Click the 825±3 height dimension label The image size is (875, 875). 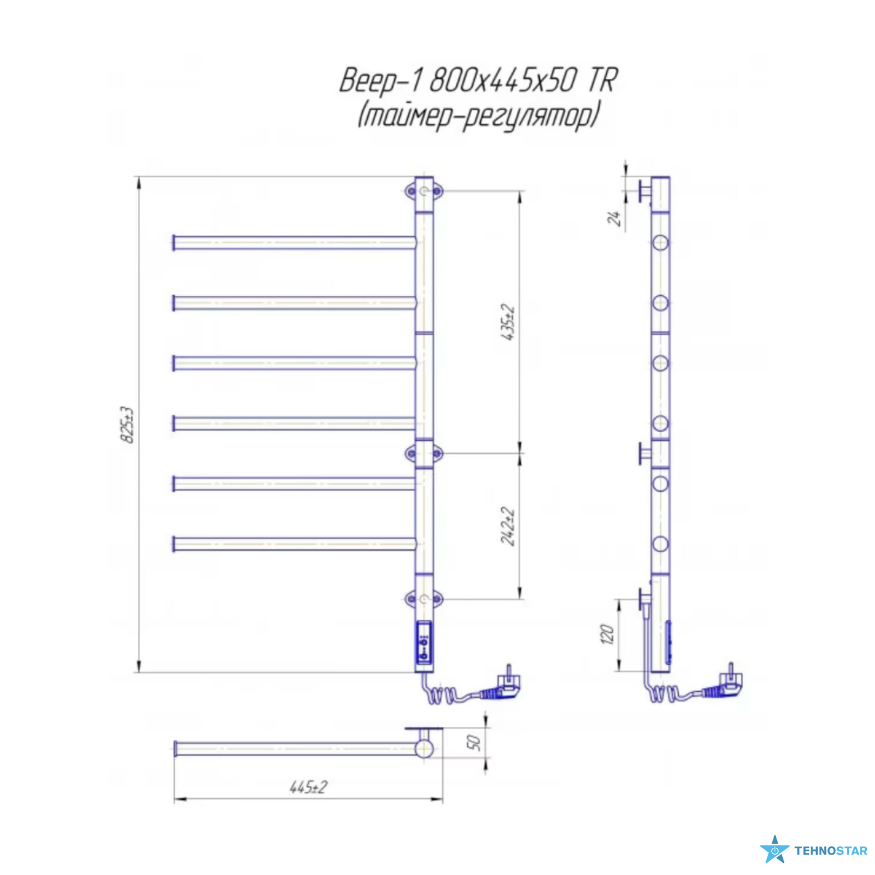tap(127, 425)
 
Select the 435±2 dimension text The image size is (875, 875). tap(508, 322)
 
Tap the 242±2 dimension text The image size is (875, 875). tap(508, 526)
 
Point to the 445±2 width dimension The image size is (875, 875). tap(309, 787)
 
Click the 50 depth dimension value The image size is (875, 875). tap(473, 742)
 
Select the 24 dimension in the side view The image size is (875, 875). tap(613, 218)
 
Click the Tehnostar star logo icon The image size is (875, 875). tap(774, 849)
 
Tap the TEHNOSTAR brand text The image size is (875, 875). tap(831, 851)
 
